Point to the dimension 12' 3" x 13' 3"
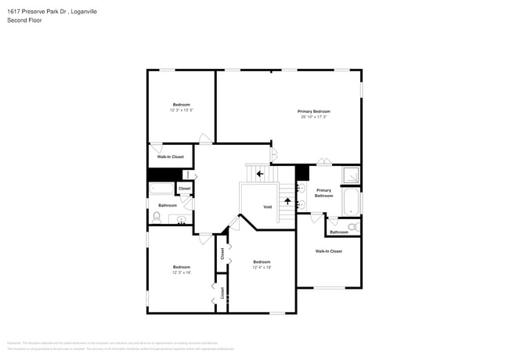(181, 110)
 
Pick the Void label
(267, 207)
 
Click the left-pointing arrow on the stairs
(259, 173)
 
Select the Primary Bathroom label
(323, 193)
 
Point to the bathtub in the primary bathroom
(352, 202)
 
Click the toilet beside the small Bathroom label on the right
(354, 227)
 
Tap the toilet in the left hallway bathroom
(157, 218)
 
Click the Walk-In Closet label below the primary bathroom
(328, 251)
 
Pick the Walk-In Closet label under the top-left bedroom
(171, 157)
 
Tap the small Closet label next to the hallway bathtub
(185, 189)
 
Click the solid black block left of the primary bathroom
(302, 173)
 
